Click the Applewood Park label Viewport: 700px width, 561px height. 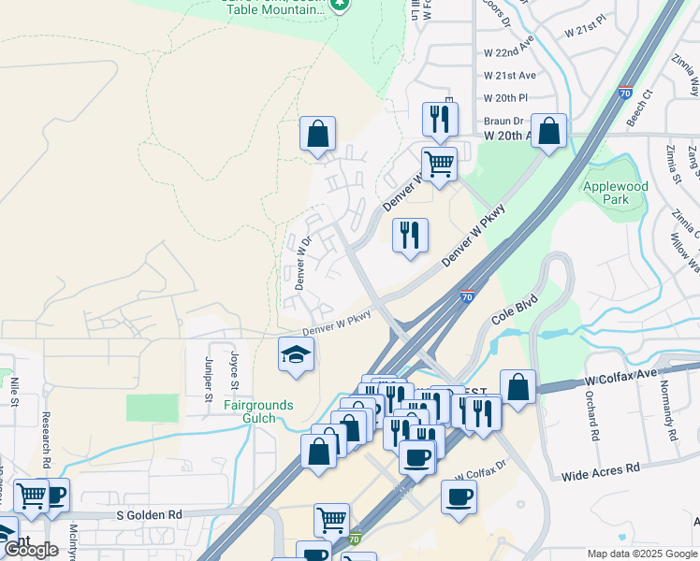615,193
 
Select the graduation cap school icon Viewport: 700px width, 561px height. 296,355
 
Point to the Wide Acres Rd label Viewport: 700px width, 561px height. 600,471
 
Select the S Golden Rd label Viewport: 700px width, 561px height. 150,515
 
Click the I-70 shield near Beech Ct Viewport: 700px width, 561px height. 625,93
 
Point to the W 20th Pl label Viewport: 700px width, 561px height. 506,98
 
